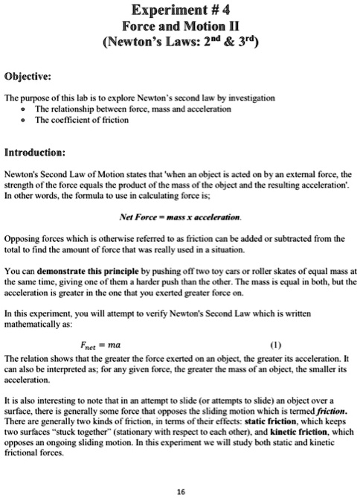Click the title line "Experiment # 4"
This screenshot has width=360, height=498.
click(179, 10)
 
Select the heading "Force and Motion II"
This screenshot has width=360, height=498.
click(179, 26)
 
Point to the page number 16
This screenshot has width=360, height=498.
click(179, 491)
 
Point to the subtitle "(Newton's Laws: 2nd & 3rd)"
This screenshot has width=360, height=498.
click(179, 42)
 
